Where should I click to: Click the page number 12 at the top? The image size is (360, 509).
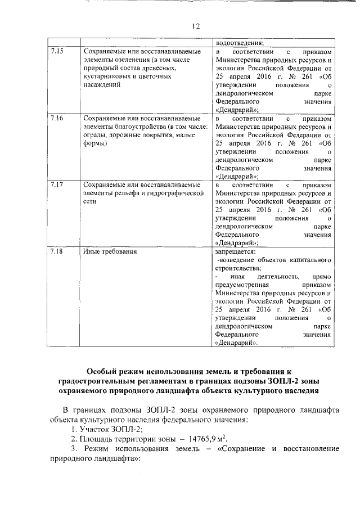[195, 26]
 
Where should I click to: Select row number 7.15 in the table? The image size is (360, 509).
[57, 52]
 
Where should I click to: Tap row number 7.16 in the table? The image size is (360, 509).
[57, 119]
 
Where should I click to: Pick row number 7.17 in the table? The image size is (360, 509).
[57, 185]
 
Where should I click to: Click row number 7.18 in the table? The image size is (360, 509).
[57, 251]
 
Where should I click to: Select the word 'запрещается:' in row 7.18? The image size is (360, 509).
[235, 251]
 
